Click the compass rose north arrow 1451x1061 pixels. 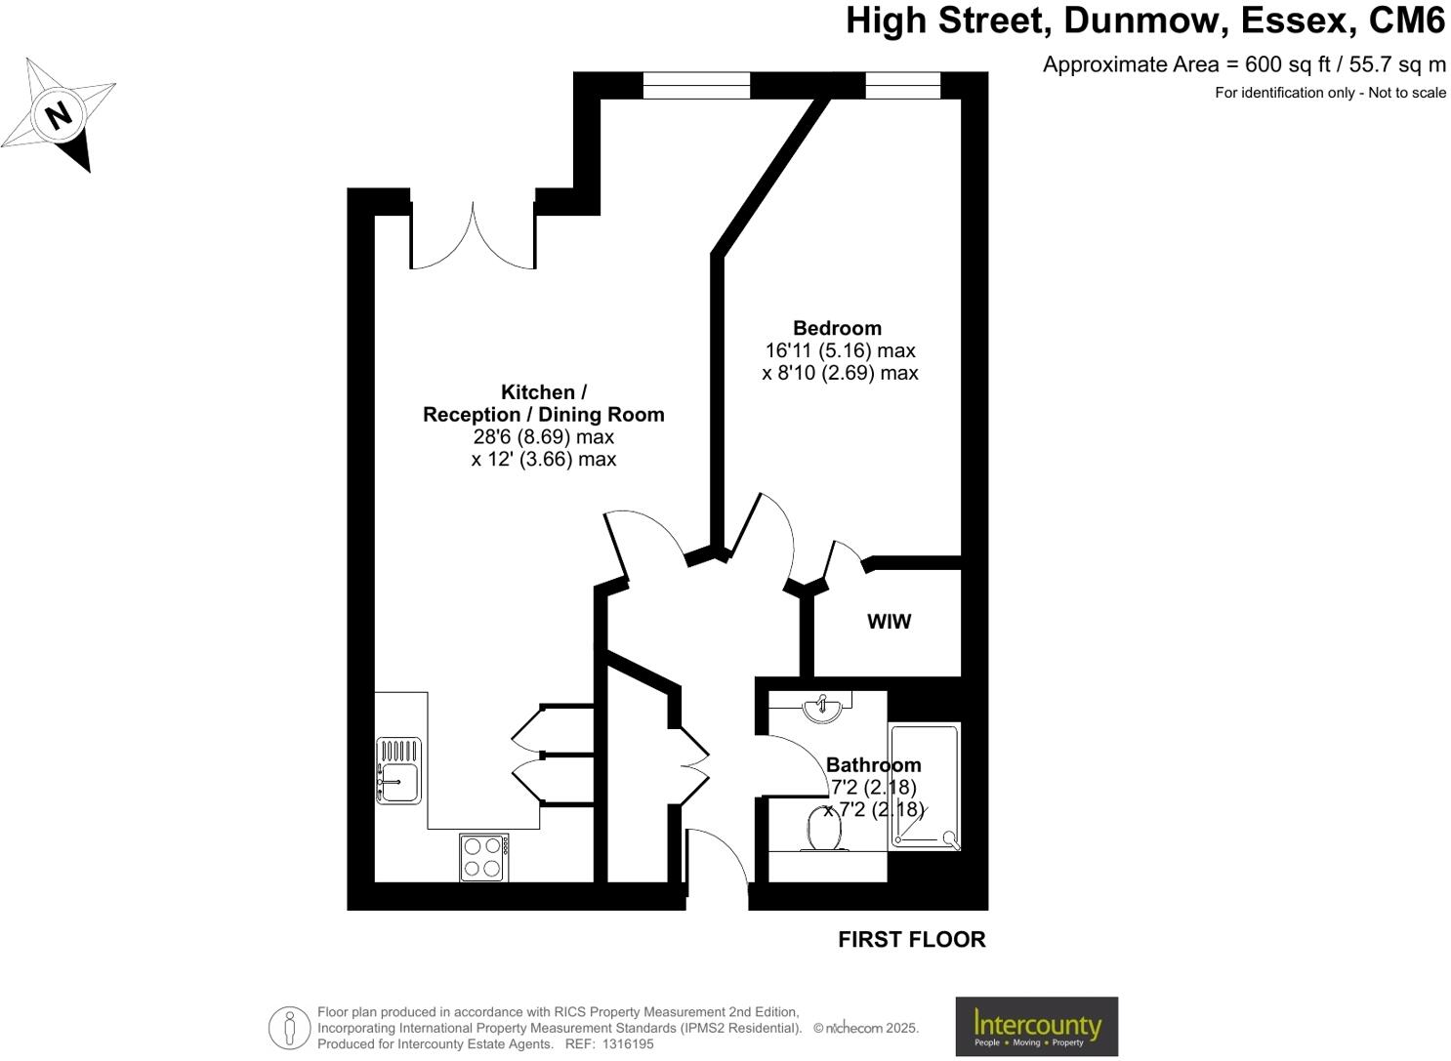coord(60,115)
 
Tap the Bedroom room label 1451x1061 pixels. coord(837,329)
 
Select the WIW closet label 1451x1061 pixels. coord(889,622)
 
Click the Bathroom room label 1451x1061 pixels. coord(873,765)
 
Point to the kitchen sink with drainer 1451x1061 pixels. coord(398,770)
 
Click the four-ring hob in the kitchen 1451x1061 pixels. coord(483,857)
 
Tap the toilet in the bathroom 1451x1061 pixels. coord(825,829)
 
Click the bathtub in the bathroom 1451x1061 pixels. coord(924,786)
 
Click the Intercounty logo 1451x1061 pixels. coord(1036,1026)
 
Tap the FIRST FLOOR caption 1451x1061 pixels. coord(912,939)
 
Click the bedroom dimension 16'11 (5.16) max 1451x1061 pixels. coord(840,350)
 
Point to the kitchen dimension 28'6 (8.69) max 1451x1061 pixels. coord(544,436)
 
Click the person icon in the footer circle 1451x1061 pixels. coord(289,1027)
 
